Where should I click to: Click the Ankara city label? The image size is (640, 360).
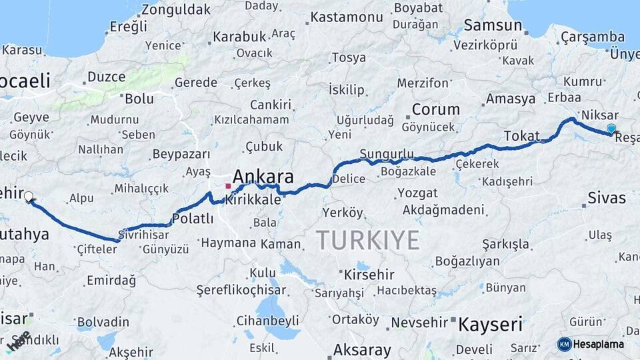click(263, 177)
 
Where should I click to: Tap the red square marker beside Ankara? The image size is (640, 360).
click(228, 186)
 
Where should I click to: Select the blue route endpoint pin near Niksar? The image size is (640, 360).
click(611, 129)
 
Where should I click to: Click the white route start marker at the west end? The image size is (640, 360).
click(29, 197)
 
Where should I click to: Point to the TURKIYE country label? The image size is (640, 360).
click(367, 240)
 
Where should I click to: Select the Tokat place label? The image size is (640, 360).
click(521, 137)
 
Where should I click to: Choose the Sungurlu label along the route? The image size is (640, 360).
click(387, 155)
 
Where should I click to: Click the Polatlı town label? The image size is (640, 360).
click(193, 218)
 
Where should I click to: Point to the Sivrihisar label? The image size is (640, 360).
click(144, 235)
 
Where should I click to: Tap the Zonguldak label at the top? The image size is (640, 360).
click(175, 9)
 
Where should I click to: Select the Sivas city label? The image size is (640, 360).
click(607, 197)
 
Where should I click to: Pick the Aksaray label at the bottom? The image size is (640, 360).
click(362, 349)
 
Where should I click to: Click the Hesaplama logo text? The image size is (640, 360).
click(599, 344)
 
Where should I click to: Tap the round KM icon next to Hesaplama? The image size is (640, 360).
click(565, 344)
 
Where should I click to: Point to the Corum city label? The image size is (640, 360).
click(435, 109)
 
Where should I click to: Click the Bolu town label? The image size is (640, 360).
click(139, 99)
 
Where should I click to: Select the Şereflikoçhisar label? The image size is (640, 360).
click(241, 290)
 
